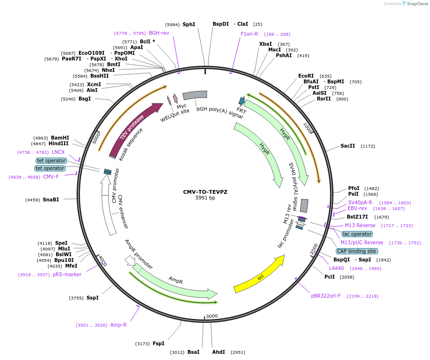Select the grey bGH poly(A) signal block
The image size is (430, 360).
click(x=195, y=95)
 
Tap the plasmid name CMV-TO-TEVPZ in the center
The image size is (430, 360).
click(x=205, y=192)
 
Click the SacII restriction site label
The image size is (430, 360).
click(x=348, y=146)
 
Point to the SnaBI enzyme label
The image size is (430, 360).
click(x=51, y=200)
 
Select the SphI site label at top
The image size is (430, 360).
click(x=189, y=24)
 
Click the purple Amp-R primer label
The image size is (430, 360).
click(x=118, y=325)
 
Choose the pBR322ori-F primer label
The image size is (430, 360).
click(x=326, y=296)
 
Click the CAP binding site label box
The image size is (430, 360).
click(x=357, y=251)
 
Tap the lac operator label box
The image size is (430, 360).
click(x=357, y=234)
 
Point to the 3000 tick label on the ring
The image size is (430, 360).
click(x=212, y=316)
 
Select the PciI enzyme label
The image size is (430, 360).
click(x=330, y=277)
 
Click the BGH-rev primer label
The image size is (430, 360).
click(x=159, y=33)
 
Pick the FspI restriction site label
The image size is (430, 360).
click(x=158, y=343)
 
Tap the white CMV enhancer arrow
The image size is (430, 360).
click(x=109, y=210)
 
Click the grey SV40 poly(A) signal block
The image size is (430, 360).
click(x=304, y=205)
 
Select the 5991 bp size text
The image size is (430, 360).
click(x=205, y=198)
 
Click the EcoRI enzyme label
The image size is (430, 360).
click(x=306, y=76)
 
